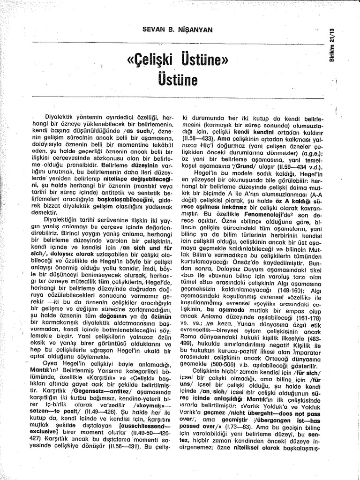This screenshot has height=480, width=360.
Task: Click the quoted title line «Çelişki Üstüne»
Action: pyautogui.click(x=177, y=60)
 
